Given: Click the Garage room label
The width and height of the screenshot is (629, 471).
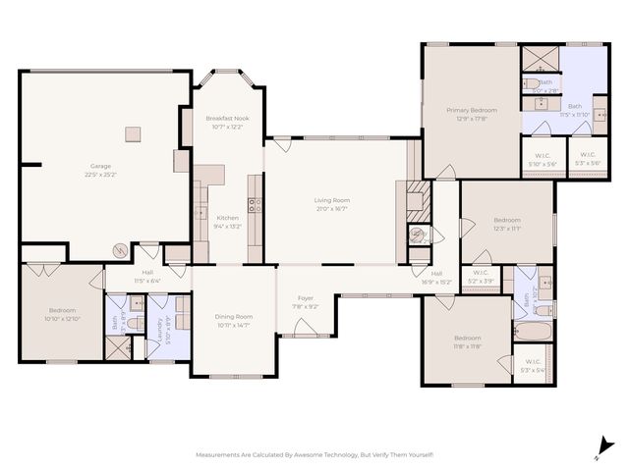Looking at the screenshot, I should (100, 166).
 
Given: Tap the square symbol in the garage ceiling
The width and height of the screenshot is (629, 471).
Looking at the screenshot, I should (133, 133).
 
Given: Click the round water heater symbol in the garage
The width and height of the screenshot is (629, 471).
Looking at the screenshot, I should (120, 250).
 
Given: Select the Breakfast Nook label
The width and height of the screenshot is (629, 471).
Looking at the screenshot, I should (227, 118).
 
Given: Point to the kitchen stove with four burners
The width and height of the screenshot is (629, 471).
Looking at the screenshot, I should (254, 205).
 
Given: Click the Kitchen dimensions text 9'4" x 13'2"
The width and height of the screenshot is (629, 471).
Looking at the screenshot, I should (227, 226).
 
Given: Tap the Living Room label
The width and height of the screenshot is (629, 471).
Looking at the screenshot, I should (332, 200).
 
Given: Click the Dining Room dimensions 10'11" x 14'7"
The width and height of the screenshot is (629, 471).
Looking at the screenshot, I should (234, 325).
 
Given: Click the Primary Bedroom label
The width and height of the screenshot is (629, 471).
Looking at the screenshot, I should (471, 111).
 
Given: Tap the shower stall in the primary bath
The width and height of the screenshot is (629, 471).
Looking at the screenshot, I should (538, 58).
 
